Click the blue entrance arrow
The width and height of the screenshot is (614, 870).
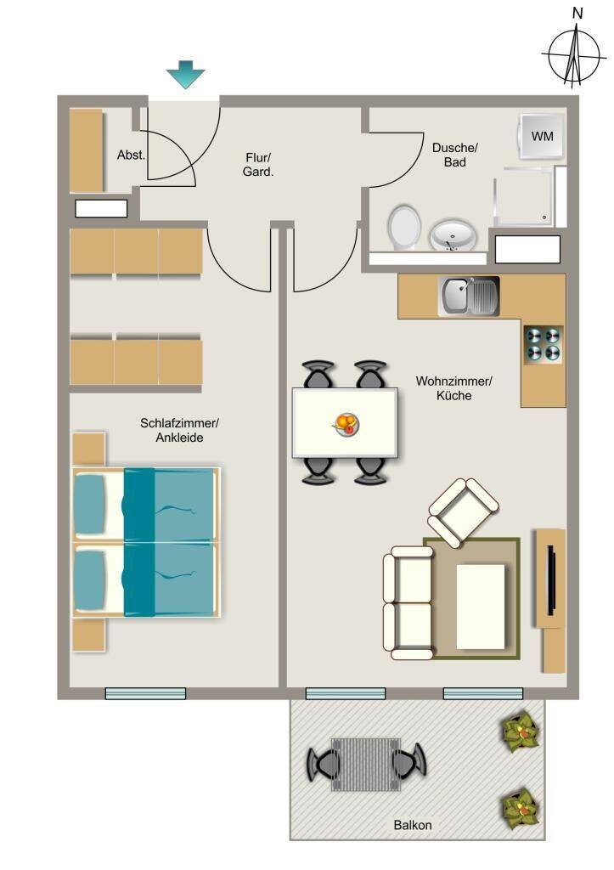[185, 75]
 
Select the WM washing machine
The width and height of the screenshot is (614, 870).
[542, 137]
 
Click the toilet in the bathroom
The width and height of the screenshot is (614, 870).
[403, 228]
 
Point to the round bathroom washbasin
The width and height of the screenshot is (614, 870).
[453, 235]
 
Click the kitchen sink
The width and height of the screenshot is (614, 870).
[469, 297]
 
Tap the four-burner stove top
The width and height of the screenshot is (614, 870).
[544, 345]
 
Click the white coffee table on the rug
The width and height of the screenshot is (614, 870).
[481, 607]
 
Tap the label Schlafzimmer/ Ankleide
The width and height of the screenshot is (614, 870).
[179, 430]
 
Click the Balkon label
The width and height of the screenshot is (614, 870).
[412, 825]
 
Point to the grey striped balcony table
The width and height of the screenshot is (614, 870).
[365, 764]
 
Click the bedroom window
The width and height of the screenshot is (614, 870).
[145, 693]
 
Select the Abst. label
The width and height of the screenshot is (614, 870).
[131, 155]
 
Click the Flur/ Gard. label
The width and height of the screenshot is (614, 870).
[258, 165]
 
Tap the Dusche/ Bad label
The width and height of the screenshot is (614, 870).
[455, 155]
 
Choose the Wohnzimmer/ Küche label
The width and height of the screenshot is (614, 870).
[453, 388]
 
